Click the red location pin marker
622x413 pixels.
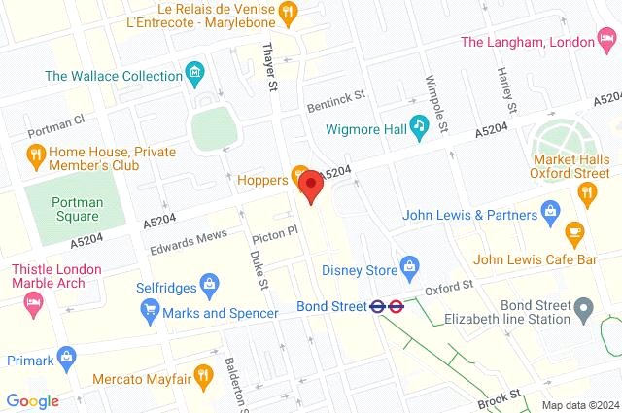click(310, 186)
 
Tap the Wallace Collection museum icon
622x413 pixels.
click(196, 73)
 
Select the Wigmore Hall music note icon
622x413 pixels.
click(419, 124)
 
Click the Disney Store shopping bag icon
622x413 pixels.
click(410, 265)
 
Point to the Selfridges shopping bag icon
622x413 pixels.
click(208, 286)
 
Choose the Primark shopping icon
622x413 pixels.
click(66, 357)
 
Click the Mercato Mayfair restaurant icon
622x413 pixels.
click(202, 374)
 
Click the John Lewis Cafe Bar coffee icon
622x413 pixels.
click(574, 232)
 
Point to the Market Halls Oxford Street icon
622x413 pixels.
click(586, 192)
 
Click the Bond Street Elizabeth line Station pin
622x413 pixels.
click(584, 311)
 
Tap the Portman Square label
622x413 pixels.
click(77, 209)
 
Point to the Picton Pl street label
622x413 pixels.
click(273, 234)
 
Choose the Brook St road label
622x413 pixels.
click(500, 395)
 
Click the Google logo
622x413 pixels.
click(32, 400)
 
